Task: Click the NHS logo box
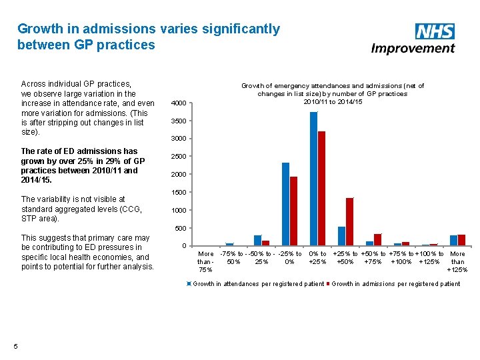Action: [x=435, y=31]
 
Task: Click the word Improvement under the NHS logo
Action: [x=413, y=48]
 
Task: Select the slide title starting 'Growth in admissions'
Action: [x=149, y=37]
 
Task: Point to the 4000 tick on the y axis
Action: [x=179, y=103]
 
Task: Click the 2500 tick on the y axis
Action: [x=179, y=157]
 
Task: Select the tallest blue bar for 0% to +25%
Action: [x=313, y=179]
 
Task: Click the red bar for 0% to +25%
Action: [x=322, y=189]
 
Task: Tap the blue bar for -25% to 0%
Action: [x=285, y=204]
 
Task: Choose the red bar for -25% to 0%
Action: [x=294, y=211]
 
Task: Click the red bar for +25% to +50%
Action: [x=350, y=222]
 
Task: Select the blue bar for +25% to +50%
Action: [x=341, y=236]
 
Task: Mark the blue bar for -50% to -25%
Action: [x=257, y=241]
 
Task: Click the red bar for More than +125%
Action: [x=461, y=240]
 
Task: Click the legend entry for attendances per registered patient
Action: [x=257, y=284]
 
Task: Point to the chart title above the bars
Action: [x=332, y=93]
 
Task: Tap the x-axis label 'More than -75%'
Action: [x=206, y=261]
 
